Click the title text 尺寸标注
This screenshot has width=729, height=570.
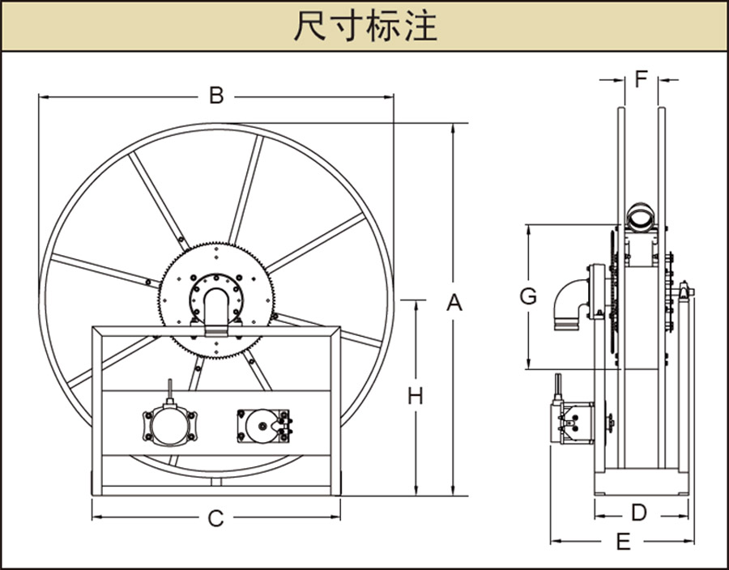(364, 26)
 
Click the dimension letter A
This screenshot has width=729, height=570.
(454, 303)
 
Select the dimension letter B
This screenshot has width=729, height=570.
(216, 96)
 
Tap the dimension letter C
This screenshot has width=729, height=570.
(215, 518)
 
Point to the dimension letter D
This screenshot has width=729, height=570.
(639, 513)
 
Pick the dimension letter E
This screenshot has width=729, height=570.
(623, 542)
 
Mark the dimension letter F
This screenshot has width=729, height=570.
(641, 79)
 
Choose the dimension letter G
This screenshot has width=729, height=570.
(528, 296)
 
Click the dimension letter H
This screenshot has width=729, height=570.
(416, 396)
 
